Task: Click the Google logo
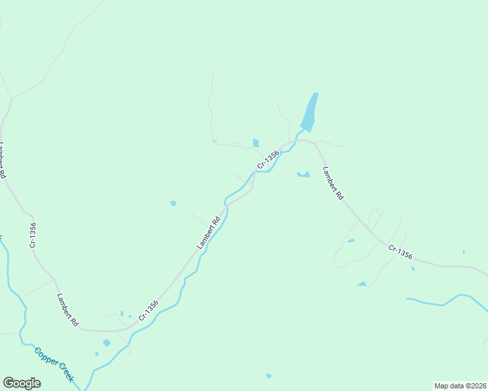tap(22, 383)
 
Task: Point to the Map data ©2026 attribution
tap(460, 385)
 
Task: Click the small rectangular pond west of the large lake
tap(256, 143)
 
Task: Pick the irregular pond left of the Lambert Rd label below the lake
tap(303, 174)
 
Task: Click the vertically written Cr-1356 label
tap(32, 235)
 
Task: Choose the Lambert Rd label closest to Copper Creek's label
tap(67, 310)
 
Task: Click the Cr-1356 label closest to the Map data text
tap(400, 252)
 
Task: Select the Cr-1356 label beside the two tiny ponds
tap(148, 310)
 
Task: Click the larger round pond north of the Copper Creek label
tap(106, 343)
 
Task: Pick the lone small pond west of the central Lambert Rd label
tap(173, 203)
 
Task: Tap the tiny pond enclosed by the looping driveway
tap(351, 240)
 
